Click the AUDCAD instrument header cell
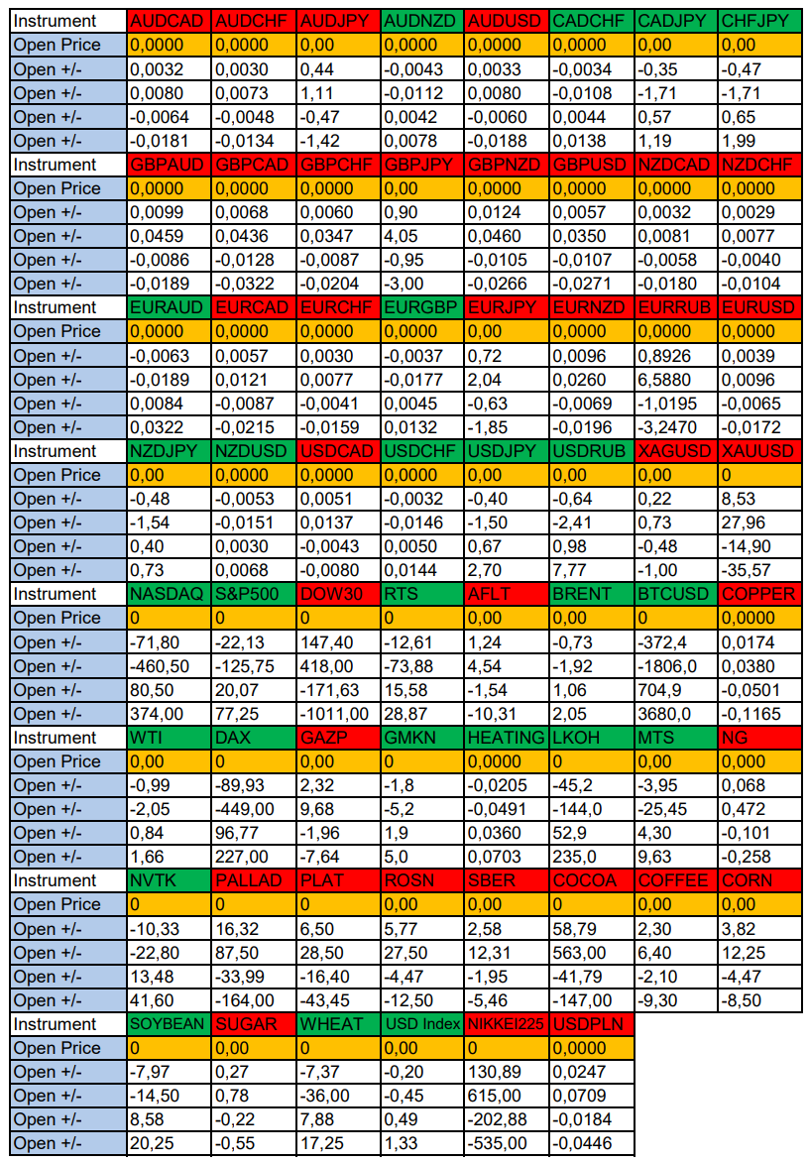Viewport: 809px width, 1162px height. tap(169, 21)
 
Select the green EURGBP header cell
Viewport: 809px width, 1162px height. tap(421, 307)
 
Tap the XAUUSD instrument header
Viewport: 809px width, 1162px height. tap(759, 451)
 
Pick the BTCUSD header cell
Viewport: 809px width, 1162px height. tap(675, 594)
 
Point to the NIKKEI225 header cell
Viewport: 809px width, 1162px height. tap(506, 1024)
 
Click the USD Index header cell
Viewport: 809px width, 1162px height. tap(421, 1024)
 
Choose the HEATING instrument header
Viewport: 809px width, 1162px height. tap(506, 738)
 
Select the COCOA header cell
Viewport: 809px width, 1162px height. tap(590, 880)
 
